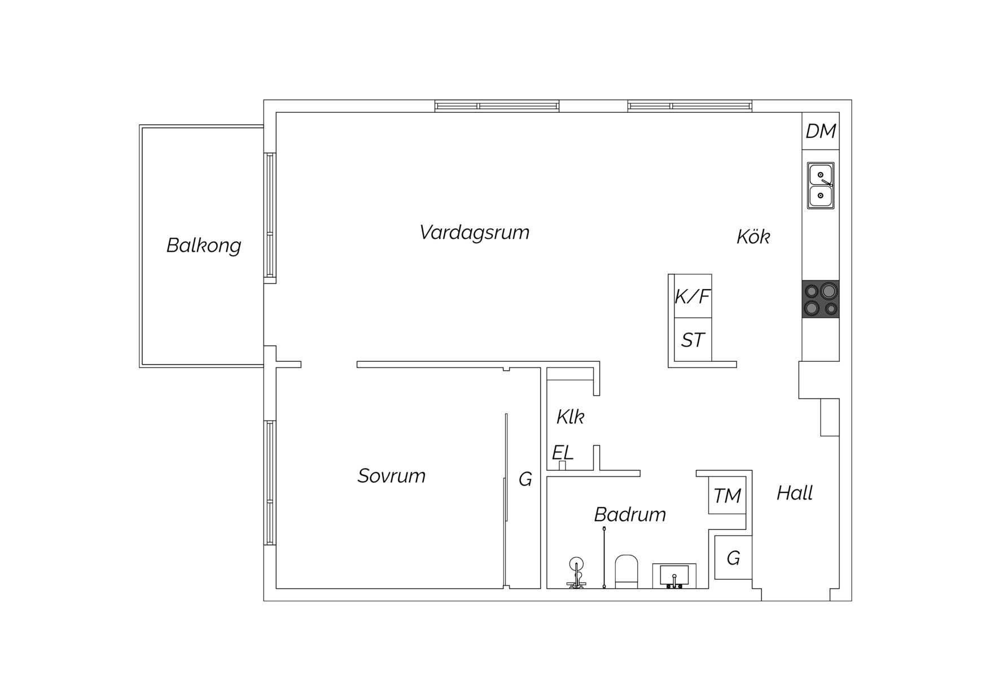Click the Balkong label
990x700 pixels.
tap(204, 246)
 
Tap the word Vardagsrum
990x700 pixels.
tap(474, 232)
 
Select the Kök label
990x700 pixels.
tap(753, 237)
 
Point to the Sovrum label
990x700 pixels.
tap(391, 476)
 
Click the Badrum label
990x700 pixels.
tap(630, 514)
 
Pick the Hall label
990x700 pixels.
tap(795, 493)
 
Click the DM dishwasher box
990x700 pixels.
tap(821, 131)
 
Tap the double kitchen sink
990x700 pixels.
tap(821, 186)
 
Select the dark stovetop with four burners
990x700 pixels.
tap(821, 299)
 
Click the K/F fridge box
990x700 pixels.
tap(693, 296)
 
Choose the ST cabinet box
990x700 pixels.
tap(693, 340)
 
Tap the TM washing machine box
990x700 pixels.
tap(727, 495)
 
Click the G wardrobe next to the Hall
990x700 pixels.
tap(733, 557)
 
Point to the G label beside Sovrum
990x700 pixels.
tap(525, 479)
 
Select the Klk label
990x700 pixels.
tap(570, 417)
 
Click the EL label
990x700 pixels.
tap(563, 452)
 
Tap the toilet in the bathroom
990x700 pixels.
tap(626, 571)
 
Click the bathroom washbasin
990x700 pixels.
tap(674, 576)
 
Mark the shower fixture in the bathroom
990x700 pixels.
tap(576, 573)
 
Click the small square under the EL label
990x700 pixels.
tap(562, 466)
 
